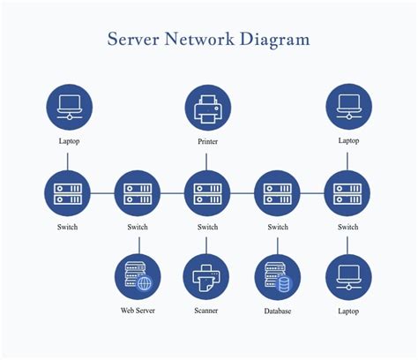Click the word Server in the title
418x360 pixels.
133,39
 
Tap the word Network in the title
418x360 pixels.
199,39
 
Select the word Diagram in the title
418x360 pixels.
274,40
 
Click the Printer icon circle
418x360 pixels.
208,108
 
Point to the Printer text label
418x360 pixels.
208,141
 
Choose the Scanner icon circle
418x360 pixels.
206,277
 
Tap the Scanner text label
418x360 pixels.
206,311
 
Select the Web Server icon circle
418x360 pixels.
138,277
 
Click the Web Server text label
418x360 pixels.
138,311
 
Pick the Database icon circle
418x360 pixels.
278,277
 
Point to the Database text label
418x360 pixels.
278,311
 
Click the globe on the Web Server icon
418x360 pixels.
144,283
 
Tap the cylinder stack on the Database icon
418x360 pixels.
284,284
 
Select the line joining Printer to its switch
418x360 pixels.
206,161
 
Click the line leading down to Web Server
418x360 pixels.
139,245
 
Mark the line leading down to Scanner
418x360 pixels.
206,245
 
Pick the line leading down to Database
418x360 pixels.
278,246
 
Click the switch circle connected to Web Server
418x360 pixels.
138,193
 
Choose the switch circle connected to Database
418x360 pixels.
277,193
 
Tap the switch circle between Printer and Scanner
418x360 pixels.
207,193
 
